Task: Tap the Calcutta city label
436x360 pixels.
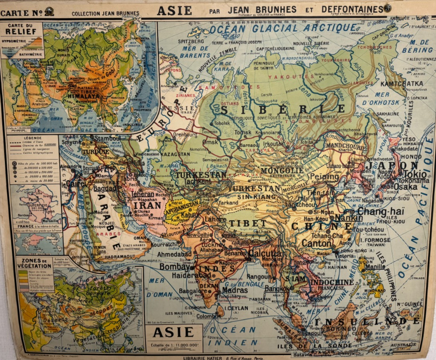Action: click(x=265, y=254)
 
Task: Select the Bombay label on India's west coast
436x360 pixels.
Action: click(x=175, y=267)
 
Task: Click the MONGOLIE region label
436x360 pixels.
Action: click(x=282, y=170)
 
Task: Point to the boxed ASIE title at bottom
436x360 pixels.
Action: click(x=173, y=332)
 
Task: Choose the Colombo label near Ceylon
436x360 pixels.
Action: click(x=207, y=316)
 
